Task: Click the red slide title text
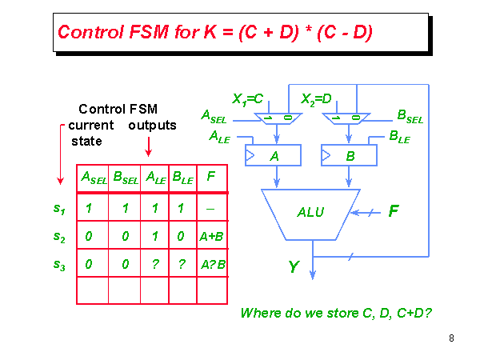215,33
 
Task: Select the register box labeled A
273,155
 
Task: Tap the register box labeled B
348,155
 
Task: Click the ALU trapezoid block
310,213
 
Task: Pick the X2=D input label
316,99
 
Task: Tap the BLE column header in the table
182,178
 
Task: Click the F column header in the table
211,177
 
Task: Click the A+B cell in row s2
212,237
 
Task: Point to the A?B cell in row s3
212,266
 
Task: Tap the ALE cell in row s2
154,237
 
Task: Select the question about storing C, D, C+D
336,313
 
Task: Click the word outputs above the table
152,126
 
